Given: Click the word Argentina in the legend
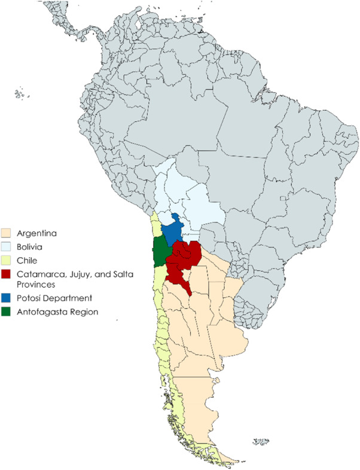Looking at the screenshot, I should (x=37, y=233).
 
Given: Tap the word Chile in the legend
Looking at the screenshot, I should (x=27, y=259).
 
